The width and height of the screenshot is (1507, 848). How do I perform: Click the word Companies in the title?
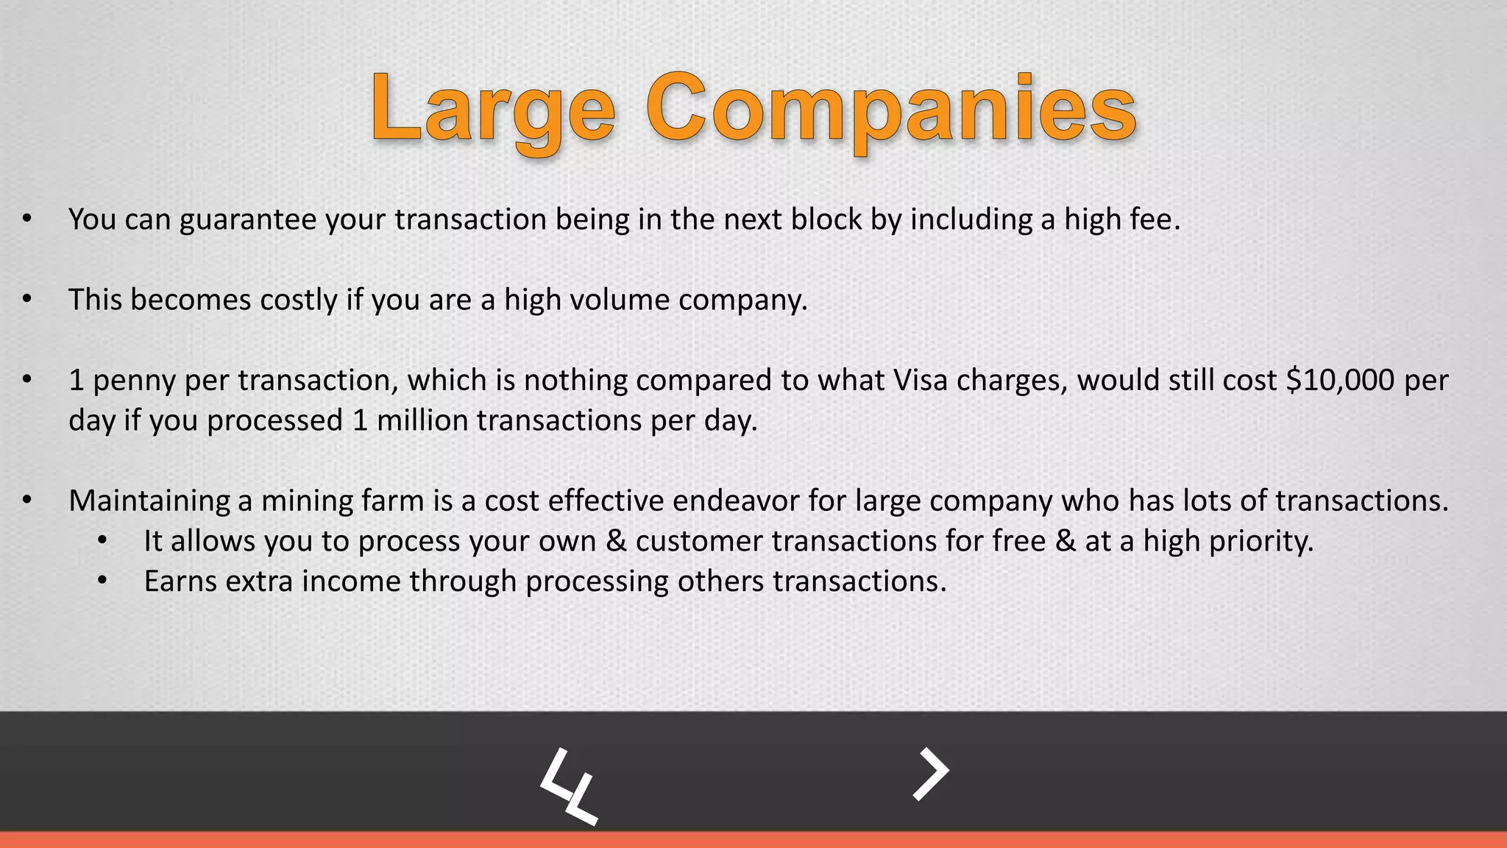point(892,110)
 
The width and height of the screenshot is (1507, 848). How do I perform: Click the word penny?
point(134,381)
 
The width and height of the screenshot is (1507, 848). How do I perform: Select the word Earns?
point(180,582)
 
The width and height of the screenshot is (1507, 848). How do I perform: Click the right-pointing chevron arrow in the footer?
point(931,774)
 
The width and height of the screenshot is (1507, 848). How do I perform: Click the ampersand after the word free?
point(1065,541)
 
